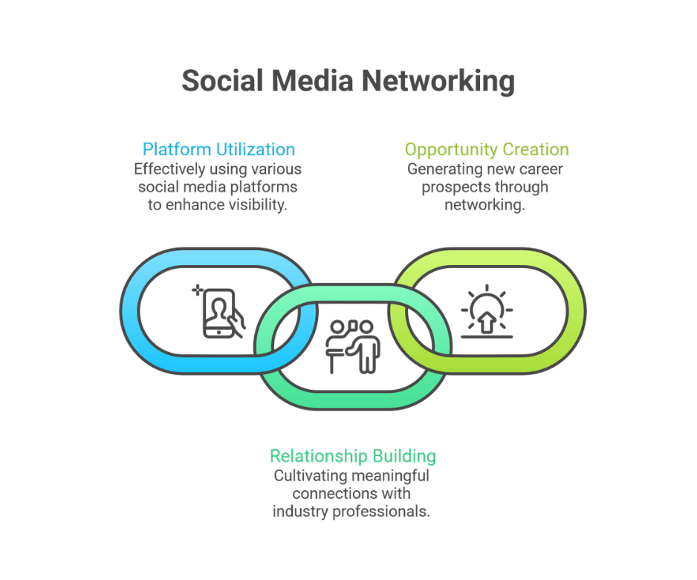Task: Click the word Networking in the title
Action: (x=438, y=82)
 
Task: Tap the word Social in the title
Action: (x=223, y=80)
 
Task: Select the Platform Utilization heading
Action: (x=218, y=149)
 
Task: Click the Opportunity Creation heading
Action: (x=487, y=150)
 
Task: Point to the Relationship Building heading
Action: (x=353, y=456)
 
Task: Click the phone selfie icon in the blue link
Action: (x=218, y=313)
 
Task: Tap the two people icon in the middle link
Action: (x=353, y=346)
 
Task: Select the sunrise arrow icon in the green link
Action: (x=487, y=311)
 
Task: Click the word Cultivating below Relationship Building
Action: (x=304, y=475)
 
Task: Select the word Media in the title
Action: (x=313, y=80)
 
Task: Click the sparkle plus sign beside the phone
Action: (x=197, y=290)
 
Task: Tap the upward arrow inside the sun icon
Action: (x=487, y=322)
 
